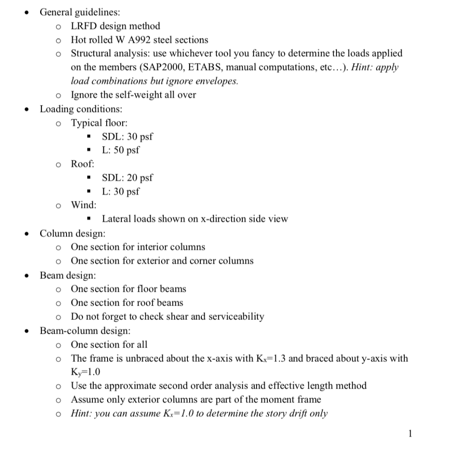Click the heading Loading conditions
[81, 109]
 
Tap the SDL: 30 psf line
[128, 136]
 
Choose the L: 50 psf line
[120, 150]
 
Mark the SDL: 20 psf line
[128, 178]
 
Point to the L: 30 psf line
[120, 192]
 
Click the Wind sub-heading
[83, 205]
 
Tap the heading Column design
[73, 233]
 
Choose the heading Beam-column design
[85, 331]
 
